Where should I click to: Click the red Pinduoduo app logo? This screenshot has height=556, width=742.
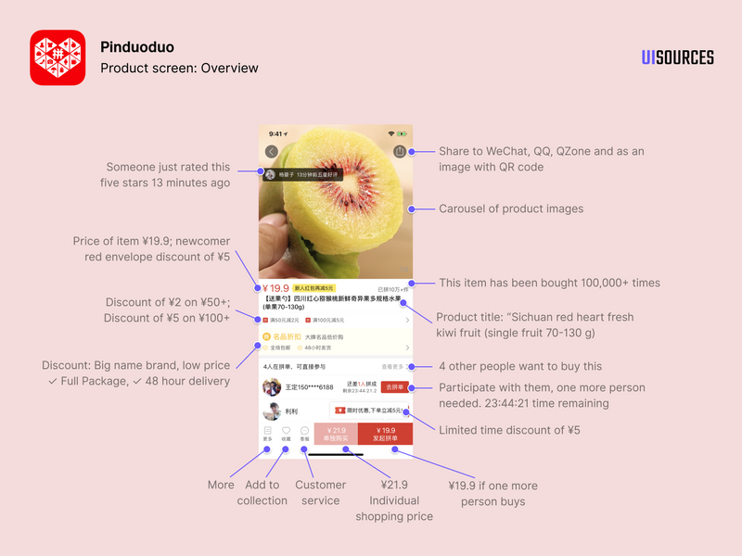58,57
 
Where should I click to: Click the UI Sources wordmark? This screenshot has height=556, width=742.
677,57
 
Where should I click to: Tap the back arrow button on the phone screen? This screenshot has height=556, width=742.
271,151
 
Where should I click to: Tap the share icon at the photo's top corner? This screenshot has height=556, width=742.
400,151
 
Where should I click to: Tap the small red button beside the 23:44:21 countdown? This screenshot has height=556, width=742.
394,387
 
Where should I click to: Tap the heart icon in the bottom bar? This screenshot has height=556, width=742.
286,431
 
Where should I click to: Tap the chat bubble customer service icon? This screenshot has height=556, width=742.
303,431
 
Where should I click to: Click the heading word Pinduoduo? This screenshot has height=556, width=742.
136,47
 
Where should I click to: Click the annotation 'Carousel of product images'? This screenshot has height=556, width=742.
511,208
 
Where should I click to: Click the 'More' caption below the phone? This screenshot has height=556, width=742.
221,485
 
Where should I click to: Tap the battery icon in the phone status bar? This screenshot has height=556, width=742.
403,133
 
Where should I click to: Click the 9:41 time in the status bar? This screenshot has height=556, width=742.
274,133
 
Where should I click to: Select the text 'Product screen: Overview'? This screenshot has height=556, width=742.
179,68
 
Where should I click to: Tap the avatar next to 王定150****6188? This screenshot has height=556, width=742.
272,386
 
